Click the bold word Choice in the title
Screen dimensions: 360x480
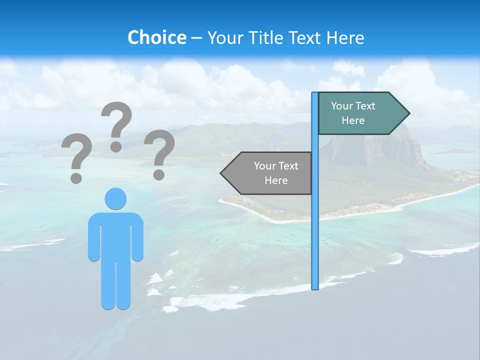(x=156, y=37)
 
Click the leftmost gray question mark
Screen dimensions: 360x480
(x=76, y=156)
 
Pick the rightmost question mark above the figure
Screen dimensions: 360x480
(x=159, y=152)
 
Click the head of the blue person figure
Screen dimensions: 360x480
(x=115, y=198)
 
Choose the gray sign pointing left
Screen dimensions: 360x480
(x=270, y=173)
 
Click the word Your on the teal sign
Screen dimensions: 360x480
(x=341, y=106)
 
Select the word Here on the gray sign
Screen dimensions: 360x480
(x=276, y=180)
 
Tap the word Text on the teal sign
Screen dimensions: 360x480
(x=365, y=106)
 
